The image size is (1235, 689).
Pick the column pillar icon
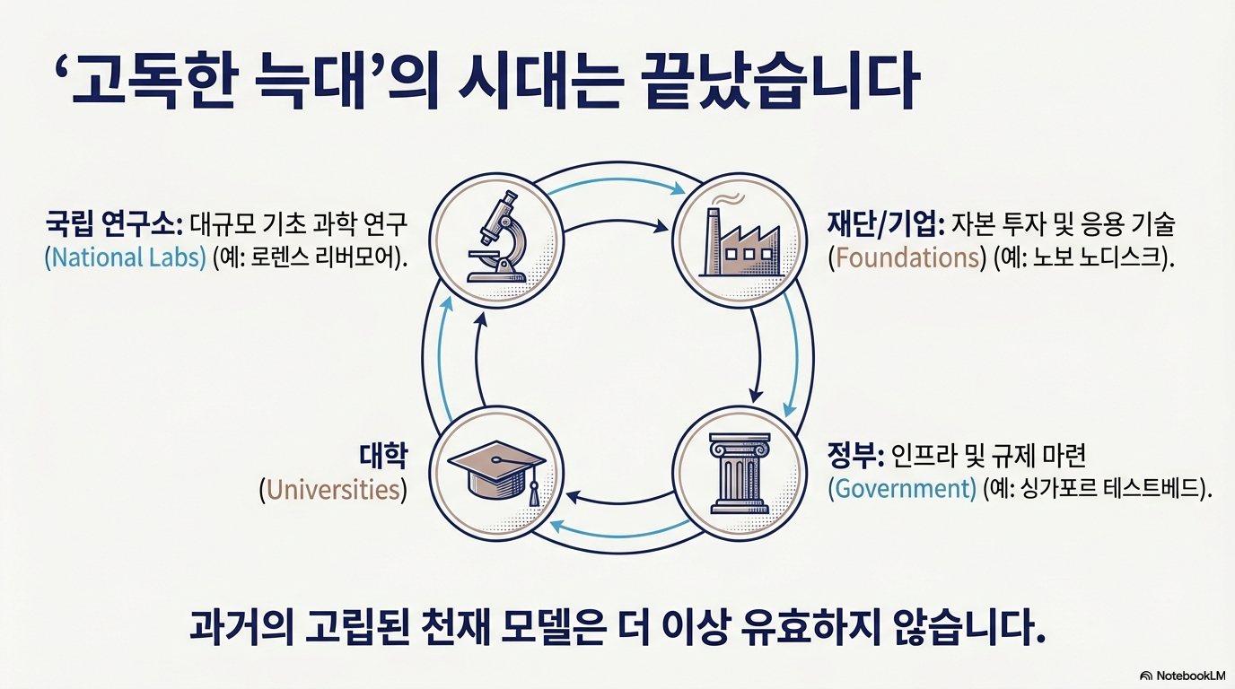[x=738, y=472]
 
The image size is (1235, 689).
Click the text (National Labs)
[x=125, y=257]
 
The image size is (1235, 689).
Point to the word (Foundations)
[x=906, y=257]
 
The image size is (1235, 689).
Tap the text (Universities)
[x=332, y=490]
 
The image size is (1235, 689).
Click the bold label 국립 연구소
[x=113, y=222]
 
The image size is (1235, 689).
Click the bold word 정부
[x=855, y=456]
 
